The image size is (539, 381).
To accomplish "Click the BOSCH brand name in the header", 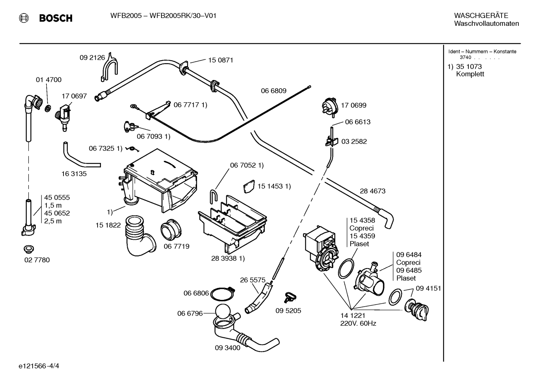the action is [x=56, y=18].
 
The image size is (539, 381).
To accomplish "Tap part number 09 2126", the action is [x=92, y=58].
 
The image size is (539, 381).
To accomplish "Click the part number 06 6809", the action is [x=274, y=91].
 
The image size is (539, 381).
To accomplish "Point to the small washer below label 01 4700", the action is [x=48, y=108].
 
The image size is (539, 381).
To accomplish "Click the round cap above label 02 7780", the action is [x=29, y=249].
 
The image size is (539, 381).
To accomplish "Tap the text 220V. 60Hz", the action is [x=358, y=323].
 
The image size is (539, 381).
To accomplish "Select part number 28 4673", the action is [x=373, y=191].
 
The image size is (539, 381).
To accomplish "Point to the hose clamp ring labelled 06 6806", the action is [x=222, y=294].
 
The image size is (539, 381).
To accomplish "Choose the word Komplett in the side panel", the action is [x=470, y=74].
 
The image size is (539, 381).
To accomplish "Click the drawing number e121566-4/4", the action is [x=39, y=366].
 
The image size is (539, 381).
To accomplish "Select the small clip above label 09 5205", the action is [x=290, y=297].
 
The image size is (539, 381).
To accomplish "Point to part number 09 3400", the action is [x=227, y=348].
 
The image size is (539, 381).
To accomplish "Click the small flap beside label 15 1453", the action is [x=249, y=187].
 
